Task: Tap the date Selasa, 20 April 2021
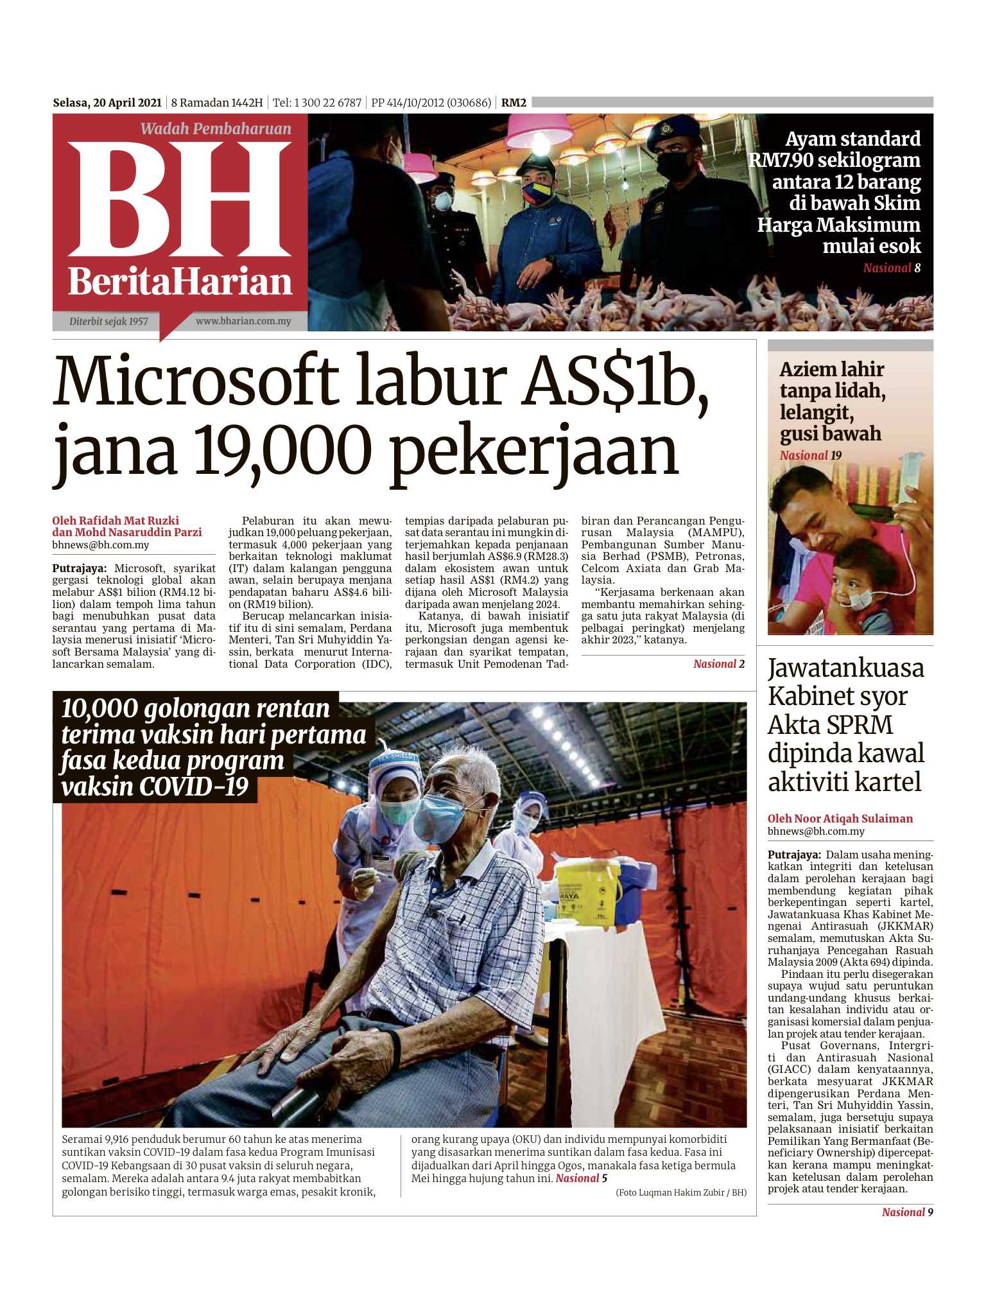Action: [x=107, y=103]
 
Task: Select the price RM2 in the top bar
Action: [x=514, y=103]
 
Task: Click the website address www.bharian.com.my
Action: [x=243, y=321]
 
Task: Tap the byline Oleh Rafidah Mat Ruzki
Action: [x=116, y=521]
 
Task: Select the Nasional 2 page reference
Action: [x=718, y=665]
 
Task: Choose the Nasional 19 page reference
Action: [x=810, y=456]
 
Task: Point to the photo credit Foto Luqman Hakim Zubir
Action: [x=680, y=1193]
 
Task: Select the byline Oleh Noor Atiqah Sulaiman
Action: [x=840, y=819]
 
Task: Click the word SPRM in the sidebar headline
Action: [x=862, y=725]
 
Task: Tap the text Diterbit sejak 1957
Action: [x=108, y=322]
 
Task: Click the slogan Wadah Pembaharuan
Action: [x=216, y=129]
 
